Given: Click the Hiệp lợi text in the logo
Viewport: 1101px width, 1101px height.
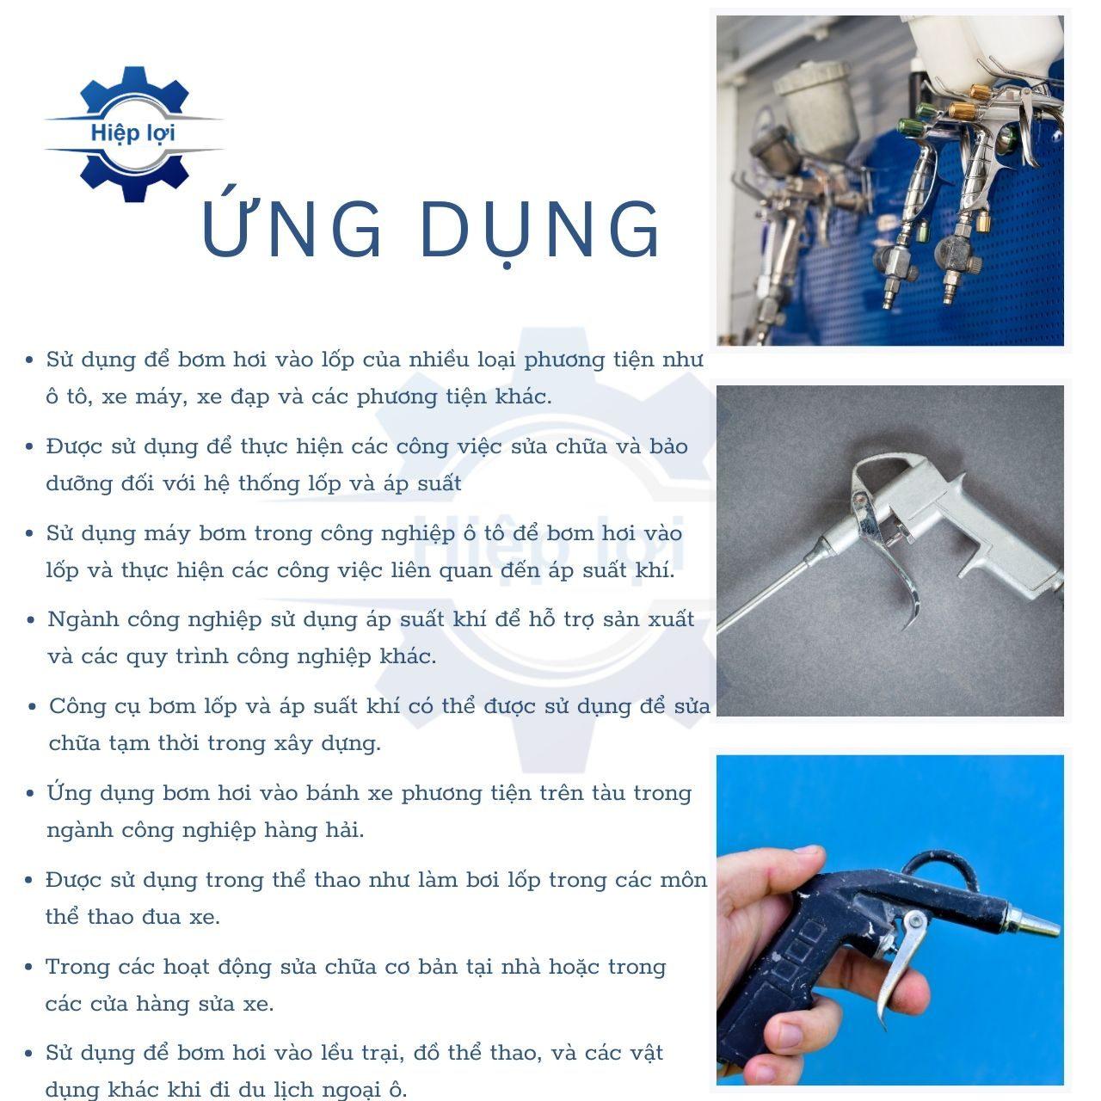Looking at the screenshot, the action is click(x=132, y=134).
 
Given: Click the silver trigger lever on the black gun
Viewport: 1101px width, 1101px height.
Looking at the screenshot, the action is click(x=899, y=966).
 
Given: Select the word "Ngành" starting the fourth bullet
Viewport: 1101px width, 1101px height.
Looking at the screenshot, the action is click(x=83, y=620).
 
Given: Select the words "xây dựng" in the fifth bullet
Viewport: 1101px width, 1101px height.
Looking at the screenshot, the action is click(x=324, y=744).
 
